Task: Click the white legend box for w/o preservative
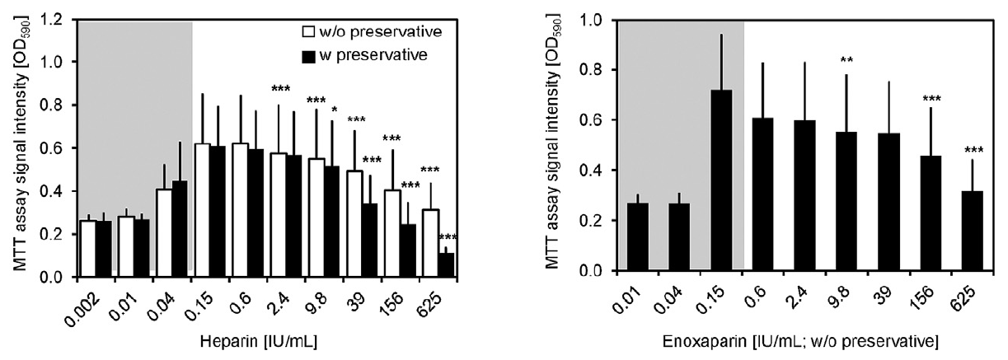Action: coord(307,33)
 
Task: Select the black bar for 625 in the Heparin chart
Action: coord(446,264)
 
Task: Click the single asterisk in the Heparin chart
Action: coord(334,109)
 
